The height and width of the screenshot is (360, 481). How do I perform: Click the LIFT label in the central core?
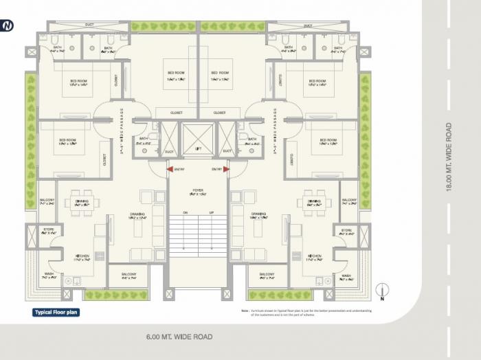(198, 148)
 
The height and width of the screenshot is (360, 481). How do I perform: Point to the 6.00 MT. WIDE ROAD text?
(179, 337)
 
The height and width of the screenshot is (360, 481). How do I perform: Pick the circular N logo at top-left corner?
(8, 25)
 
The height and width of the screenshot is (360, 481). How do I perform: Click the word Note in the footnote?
(245, 310)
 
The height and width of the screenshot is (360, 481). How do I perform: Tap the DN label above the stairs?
(185, 213)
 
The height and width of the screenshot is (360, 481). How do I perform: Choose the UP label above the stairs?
(211, 213)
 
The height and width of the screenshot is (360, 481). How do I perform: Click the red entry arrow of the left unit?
(169, 169)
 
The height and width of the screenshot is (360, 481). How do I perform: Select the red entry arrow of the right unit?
(226, 169)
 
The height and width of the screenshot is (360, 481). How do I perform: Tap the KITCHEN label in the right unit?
(315, 256)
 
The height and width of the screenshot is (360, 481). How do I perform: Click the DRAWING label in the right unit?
(258, 214)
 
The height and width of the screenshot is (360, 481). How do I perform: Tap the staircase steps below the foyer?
(198, 237)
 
